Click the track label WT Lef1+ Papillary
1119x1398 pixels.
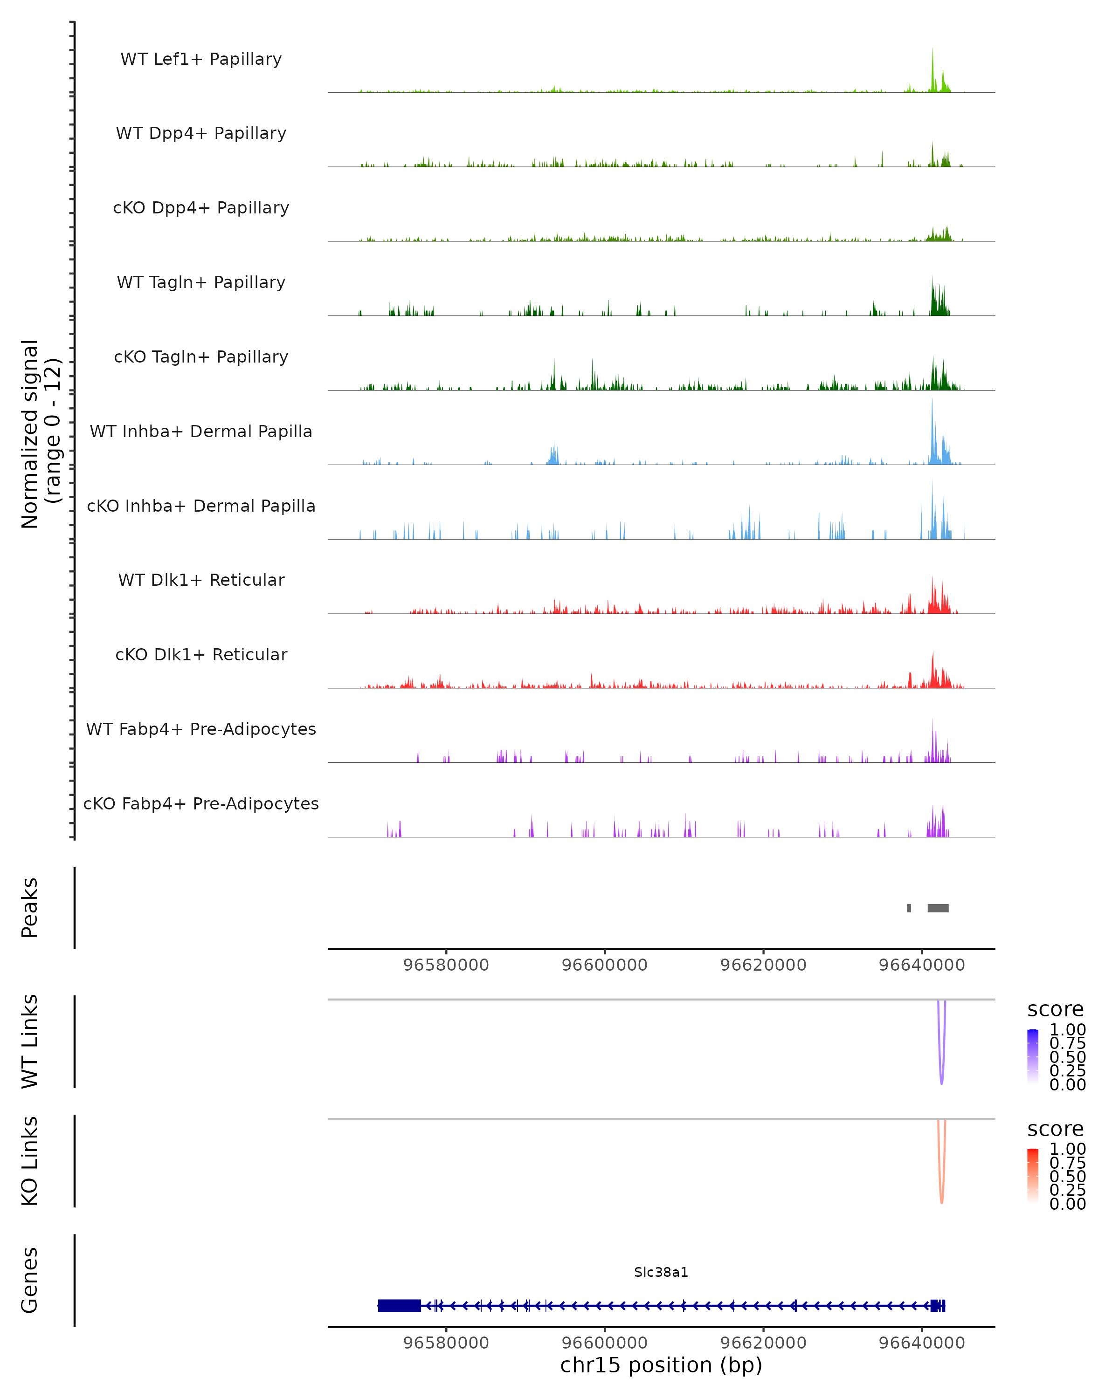(x=201, y=59)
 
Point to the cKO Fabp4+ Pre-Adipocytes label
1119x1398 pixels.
(x=201, y=803)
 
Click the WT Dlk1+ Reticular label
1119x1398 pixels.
(x=201, y=580)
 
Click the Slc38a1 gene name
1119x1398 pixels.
(x=661, y=1272)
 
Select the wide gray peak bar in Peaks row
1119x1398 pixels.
(x=938, y=908)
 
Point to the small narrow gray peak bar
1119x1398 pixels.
(x=909, y=908)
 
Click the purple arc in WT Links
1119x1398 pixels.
(x=941, y=1076)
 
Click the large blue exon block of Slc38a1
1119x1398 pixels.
(x=399, y=1306)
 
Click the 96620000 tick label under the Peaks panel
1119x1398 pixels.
(x=764, y=965)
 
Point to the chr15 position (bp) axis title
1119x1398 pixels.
(x=661, y=1365)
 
